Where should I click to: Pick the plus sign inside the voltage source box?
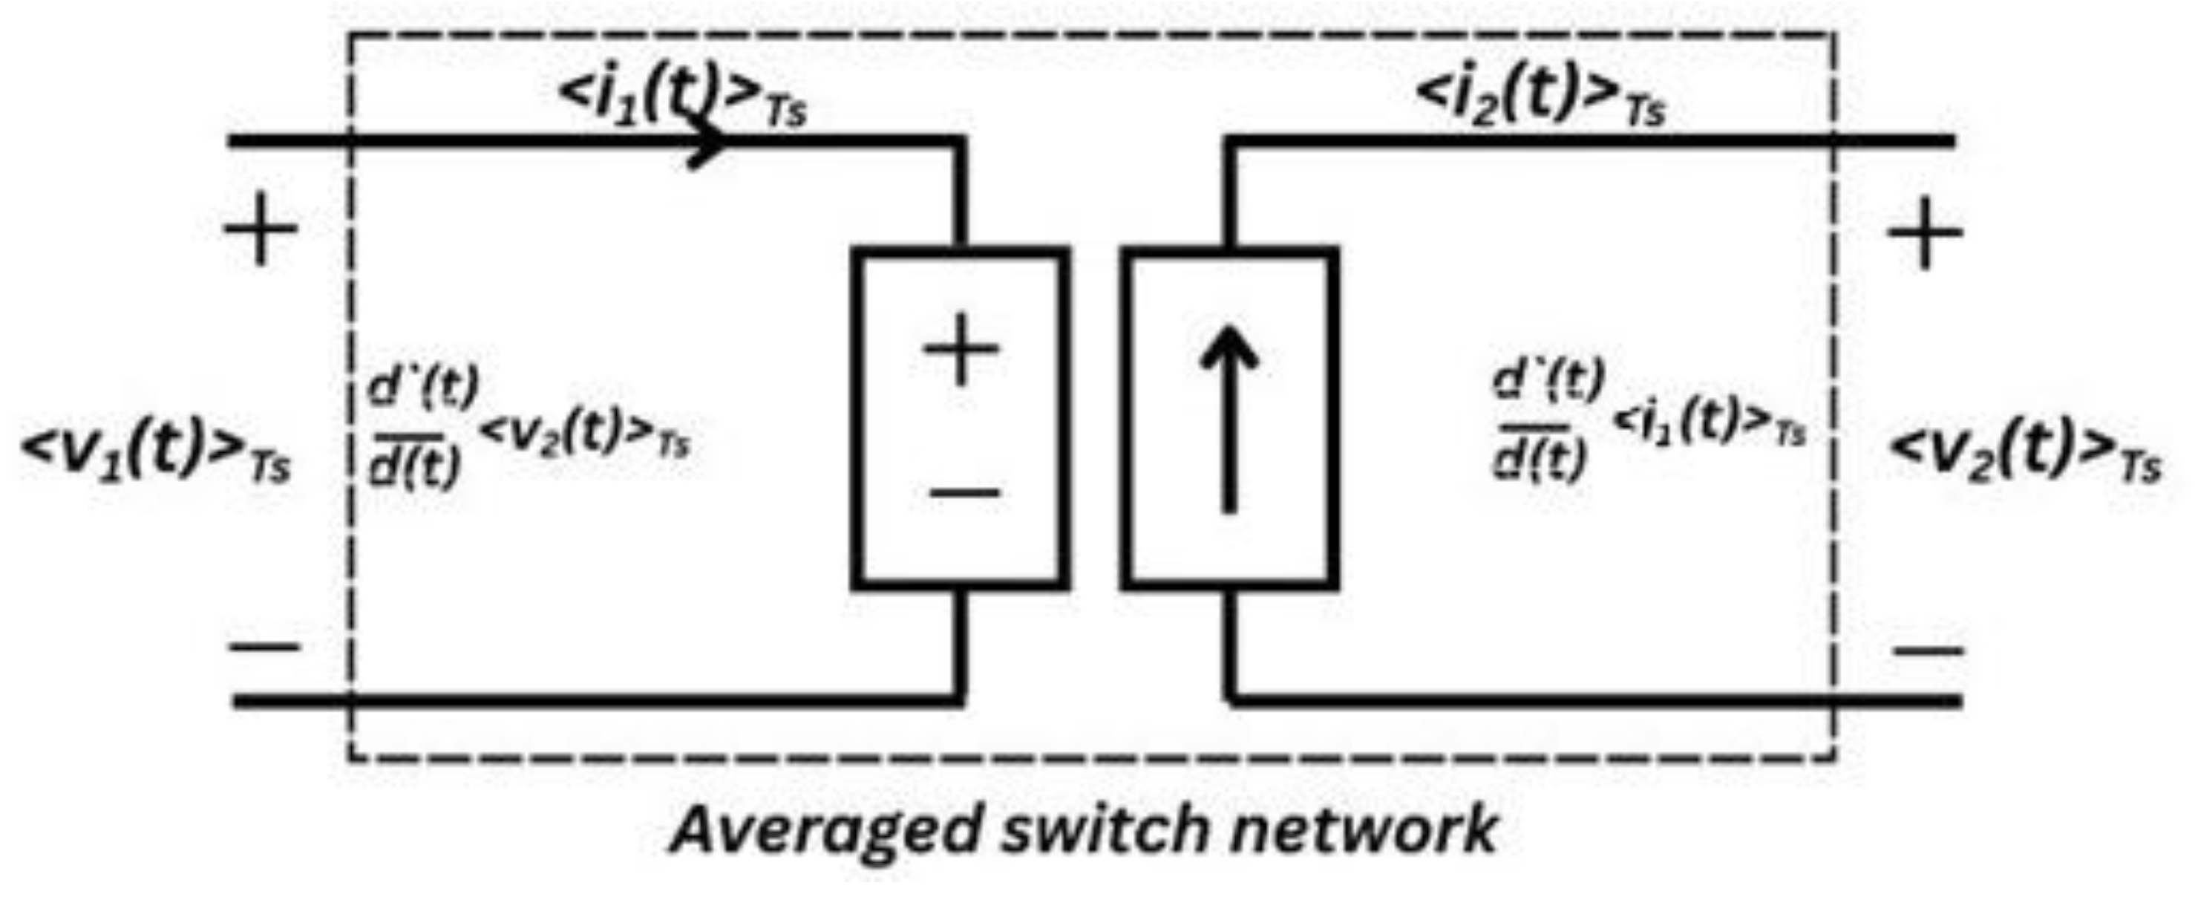coord(961,350)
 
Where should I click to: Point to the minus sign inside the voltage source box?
coord(963,492)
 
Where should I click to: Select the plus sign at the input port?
coord(261,229)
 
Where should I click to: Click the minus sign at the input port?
coord(264,645)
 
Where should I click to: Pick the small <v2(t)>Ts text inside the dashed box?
coord(584,435)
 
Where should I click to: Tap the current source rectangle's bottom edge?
coord(1229,584)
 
